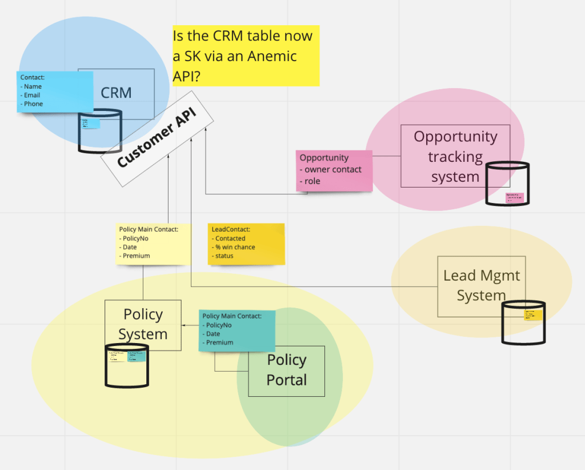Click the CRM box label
116,93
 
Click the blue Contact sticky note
55,91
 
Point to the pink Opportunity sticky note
334,170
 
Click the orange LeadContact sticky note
246,244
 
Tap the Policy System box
143,325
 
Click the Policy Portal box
287,371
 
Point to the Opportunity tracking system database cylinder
507,184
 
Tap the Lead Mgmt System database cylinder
523,322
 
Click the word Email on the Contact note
33,95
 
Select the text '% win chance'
235,248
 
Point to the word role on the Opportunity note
312,181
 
